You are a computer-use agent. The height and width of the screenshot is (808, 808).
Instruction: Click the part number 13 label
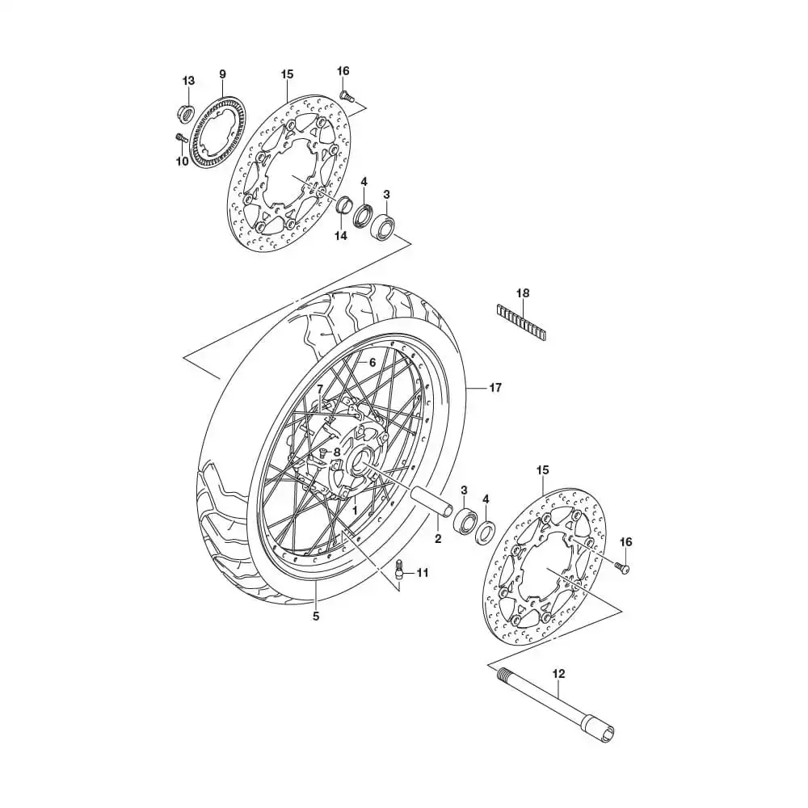click(188, 81)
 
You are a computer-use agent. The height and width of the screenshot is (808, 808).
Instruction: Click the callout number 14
click(340, 236)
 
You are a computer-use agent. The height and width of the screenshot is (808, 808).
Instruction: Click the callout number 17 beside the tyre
click(495, 388)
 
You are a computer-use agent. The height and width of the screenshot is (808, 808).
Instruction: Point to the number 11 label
click(422, 573)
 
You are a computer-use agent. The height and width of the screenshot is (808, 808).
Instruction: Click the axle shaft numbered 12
click(558, 701)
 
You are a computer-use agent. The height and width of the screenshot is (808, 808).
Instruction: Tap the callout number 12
click(558, 672)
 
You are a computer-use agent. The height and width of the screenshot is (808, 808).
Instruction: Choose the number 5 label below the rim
click(315, 617)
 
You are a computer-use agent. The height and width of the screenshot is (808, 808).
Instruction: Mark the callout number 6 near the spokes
click(372, 363)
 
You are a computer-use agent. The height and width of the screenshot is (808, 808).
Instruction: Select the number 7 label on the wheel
click(320, 389)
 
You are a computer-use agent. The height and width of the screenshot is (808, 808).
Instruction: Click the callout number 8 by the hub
click(336, 452)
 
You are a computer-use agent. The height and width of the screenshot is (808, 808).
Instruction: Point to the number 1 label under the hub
click(353, 511)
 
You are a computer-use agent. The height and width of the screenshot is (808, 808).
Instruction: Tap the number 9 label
click(222, 74)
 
